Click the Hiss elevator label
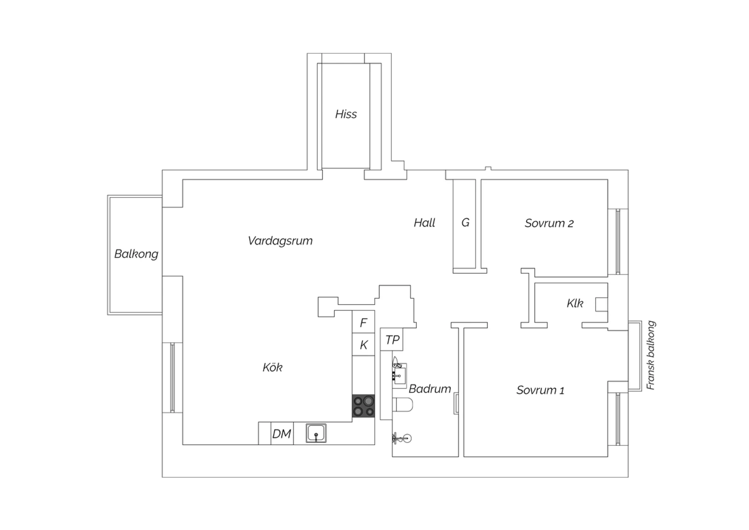(346, 114)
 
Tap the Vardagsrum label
(280, 240)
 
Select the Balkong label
(136, 254)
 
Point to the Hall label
(424, 222)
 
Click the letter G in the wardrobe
(465, 222)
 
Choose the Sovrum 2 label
(549, 223)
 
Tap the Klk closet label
(575, 303)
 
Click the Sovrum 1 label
(540, 390)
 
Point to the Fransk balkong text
(651, 355)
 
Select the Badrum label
(429, 388)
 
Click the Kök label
(272, 367)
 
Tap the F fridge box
(364, 321)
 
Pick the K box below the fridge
(364, 344)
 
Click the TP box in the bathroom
(392, 339)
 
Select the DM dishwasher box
(282, 433)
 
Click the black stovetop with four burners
(364, 406)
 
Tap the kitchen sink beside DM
(316, 433)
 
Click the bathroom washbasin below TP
(399, 375)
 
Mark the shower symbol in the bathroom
(401, 438)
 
